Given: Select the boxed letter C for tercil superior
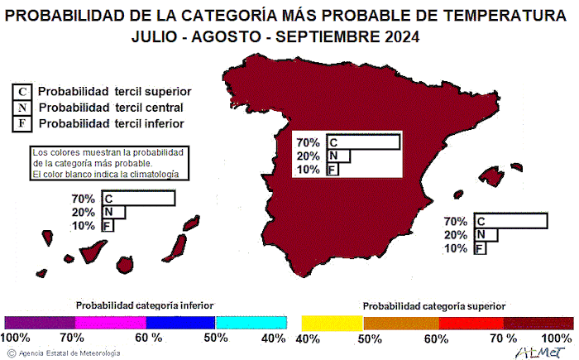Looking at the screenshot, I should point(23,91).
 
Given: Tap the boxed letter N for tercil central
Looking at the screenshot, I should point(23,108).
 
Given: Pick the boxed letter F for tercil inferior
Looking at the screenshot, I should point(23,123).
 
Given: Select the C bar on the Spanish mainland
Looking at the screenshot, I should point(363,142).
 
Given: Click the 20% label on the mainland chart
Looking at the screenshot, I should point(308,156).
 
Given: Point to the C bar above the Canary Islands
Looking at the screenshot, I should point(137,199).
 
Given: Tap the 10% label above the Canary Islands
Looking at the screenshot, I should point(83,226).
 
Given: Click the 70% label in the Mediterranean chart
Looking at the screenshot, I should point(456,222).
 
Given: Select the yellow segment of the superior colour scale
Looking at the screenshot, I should point(333,323).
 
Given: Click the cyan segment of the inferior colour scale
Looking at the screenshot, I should point(251,323).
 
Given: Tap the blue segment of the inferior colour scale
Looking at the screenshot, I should point(179,323).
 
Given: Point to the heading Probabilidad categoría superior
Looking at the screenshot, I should point(434,306).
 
